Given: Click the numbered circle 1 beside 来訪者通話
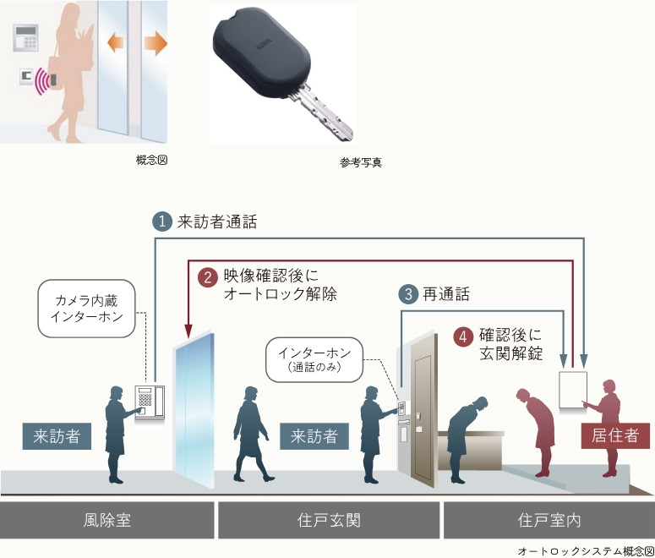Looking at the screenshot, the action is pyautogui.click(x=162, y=222).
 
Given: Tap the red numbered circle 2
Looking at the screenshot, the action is pyautogui.click(x=208, y=277).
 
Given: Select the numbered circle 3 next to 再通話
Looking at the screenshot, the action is pyautogui.click(x=408, y=294).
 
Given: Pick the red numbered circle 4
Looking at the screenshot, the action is pyautogui.click(x=463, y=336).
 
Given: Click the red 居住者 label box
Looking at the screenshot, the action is pyautogui.click(x=615, y=435).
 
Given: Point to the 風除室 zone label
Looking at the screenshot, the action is pyautogui.click(x=107, y=521).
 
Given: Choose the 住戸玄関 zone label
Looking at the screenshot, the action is pyautogui.click(x=329, y=521).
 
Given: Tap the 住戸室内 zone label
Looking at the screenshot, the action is pyautogui.click(x=549, y=521).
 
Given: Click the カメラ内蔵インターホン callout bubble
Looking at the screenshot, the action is pyautogui.click(x=86, y=309).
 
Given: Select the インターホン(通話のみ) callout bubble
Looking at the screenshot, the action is pyautogui.click(x=314, y=360).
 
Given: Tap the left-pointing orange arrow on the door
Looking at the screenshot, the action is pyautogui.click(x=115, y=43).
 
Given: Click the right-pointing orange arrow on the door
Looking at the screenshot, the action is pyautogui.click(x=156, y=43).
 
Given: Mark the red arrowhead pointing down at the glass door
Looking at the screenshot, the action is pyautogui.click(x=188, y=331).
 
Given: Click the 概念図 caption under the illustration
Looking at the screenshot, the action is pyautogui.click(x=151, y=160).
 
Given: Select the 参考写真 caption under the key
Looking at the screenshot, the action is pyautogui.click(x=361, y=162).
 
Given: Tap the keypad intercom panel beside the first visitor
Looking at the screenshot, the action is pyautogui.click(x=150, y=402).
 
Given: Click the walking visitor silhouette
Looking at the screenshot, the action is pyautogui.click(x=251, y=435).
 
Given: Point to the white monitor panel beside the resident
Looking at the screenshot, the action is pyautogui.click(x=573, y=390).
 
